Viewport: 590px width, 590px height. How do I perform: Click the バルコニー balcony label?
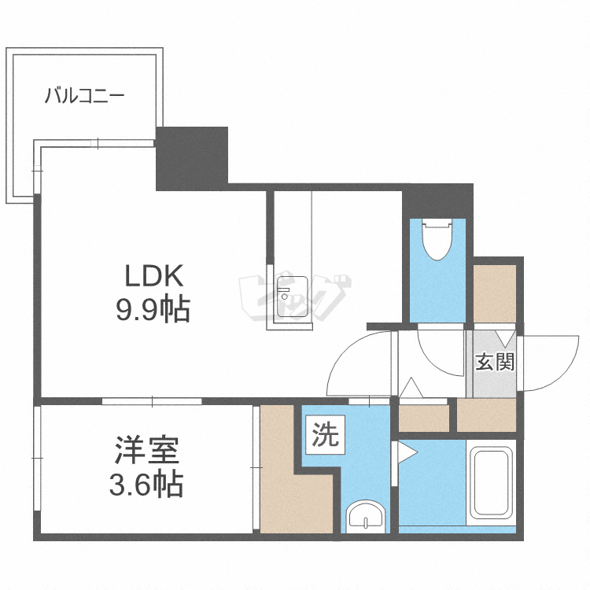coord(85,95)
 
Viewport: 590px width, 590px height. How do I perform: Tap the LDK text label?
coord(154,276)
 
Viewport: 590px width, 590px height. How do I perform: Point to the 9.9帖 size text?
coord(153,309)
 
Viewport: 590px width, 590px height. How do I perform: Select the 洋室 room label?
coord(147,450)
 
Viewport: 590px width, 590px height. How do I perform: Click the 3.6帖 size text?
coord(146,484)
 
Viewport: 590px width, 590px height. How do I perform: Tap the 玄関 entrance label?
coord(495,362)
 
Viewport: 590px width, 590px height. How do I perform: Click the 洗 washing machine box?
coord(326,435)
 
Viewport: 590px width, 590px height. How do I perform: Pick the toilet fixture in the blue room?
coord(437,240)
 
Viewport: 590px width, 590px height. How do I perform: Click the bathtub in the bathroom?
coord(491,483)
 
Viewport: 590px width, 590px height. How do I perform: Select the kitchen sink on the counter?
coord(293,297)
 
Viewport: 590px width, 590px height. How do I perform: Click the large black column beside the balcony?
coord(192,158)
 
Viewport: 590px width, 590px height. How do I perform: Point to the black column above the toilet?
coord(437,201)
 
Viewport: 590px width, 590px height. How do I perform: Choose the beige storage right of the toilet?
coord(495,293)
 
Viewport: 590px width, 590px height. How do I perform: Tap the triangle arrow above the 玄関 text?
coord(505,338)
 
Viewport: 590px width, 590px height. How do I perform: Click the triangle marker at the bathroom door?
coord(407,452)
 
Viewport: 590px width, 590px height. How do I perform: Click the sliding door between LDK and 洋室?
coord(152,401)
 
